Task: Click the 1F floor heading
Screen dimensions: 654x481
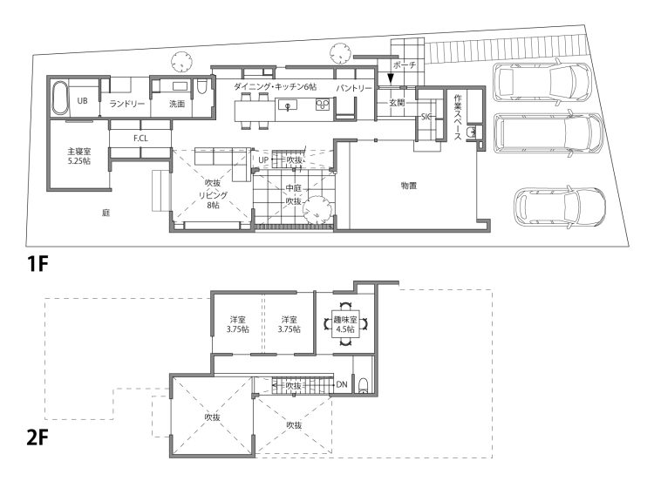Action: tap(37, 264)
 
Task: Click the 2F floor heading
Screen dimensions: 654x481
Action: tap(37, 437)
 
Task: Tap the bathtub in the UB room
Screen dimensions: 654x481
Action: tap(60, 98)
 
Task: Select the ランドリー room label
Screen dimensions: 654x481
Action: tap(126, 104)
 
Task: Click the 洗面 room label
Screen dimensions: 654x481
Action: tap(177, 104)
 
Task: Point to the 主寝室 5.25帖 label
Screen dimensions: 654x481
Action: tap(79, 156)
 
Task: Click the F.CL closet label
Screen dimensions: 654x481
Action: tap(140, 139)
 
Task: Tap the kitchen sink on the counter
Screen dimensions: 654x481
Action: tap(288, 105)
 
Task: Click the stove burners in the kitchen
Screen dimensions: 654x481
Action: tap(323, 104)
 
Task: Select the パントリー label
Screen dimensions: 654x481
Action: tap(354, 88)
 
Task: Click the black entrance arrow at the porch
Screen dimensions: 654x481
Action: tap(391, 78)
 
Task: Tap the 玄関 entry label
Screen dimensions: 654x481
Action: tap(397, 102)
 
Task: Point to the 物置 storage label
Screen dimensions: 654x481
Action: tap(409, 186)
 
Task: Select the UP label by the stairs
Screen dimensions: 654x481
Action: tap(263, 160)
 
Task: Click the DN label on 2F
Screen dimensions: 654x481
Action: tap(342, 384)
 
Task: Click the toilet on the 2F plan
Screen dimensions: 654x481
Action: tap(364, 386)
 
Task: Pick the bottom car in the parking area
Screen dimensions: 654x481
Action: tap(560, 207)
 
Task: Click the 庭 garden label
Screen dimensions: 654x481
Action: tap(106, 213)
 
